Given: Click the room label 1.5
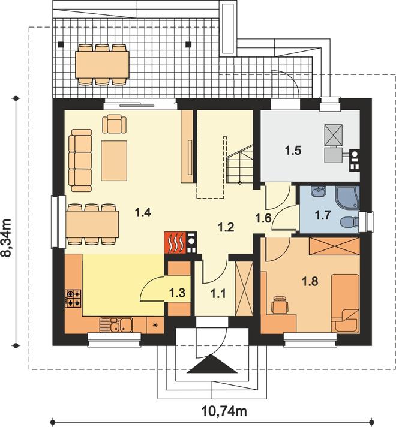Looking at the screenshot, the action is click(293, 151).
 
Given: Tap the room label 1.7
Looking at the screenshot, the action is click(323, 215).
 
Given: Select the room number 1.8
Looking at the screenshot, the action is click(310, 281).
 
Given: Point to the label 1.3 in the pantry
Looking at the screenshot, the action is click(178, 293).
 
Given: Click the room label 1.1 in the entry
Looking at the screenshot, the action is click(218, 294).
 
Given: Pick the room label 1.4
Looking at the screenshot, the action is click(143, 212).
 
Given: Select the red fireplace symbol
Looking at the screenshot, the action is click(175, 242).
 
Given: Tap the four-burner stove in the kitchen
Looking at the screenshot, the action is click(73, 299).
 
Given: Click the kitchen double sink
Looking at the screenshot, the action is click(116, 325).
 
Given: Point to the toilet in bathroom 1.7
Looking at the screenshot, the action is click(350, 221).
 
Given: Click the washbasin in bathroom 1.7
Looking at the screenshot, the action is click(319, 191).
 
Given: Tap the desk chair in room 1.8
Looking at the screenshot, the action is click(280, 305).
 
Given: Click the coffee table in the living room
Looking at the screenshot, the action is click(114, 161).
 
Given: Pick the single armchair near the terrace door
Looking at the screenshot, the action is click(114, 124).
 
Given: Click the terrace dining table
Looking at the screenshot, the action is click(102, 65).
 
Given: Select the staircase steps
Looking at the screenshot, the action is click(240, 165).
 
